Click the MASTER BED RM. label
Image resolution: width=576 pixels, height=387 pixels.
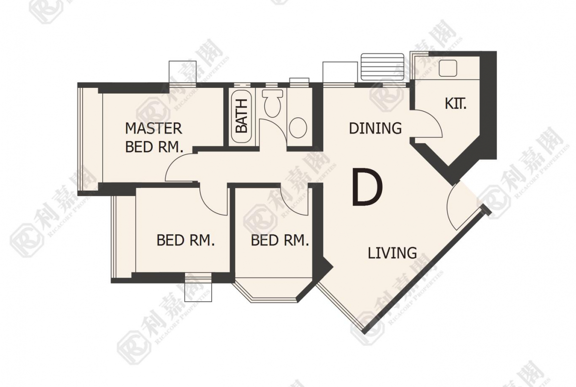(154, 138)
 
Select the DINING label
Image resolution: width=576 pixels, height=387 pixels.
(375, 128)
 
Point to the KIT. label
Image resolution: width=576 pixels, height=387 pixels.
(455, 104)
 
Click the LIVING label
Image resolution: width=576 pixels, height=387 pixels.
(392, 253)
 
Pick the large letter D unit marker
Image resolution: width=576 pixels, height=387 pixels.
(367, 186)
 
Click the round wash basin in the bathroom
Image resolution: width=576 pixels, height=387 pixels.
(298, 127)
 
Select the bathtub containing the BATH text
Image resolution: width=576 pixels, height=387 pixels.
(241, 117)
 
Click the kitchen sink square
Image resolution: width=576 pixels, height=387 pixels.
(448, 68)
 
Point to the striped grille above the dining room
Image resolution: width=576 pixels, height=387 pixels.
(383, 67)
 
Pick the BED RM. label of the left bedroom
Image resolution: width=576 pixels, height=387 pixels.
(186, 240)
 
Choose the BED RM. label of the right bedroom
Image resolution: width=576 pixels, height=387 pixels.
(280, 240)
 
